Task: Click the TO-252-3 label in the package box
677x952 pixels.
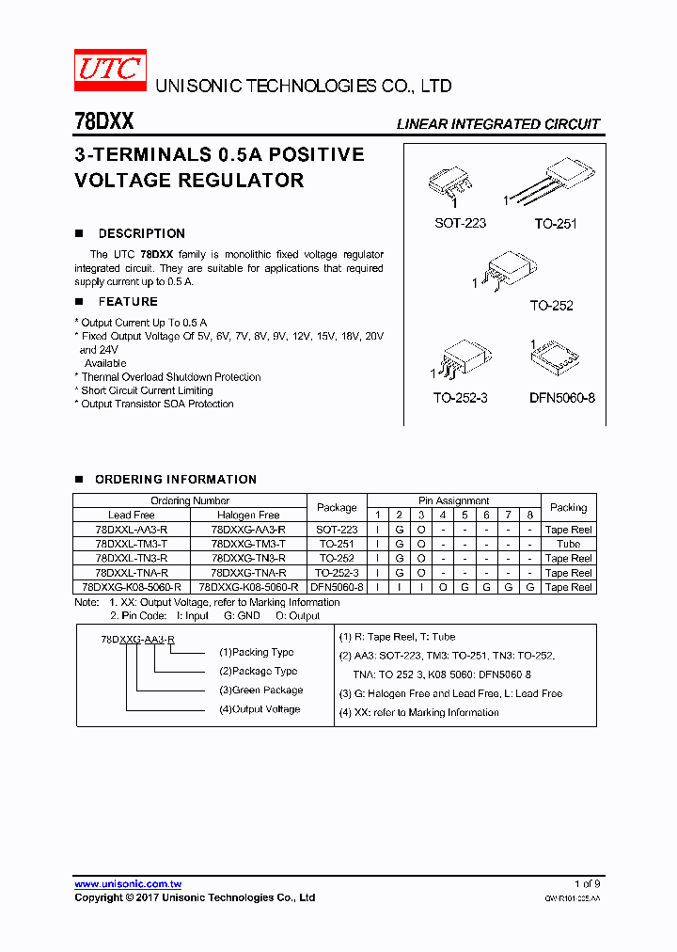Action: pyautogui.click(x=460, y=398)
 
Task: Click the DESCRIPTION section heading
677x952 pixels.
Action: pyautogui.click(x=141, y=233)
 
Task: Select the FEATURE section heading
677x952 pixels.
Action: pyautogui.click(x=128, y=302)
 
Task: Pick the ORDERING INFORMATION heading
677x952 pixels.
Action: pyautogui.click(x=175, y=480)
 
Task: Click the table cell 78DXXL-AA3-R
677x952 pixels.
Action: pyautogui.click(x=132, y=530)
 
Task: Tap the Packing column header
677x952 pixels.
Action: pyautogui.click(x=568, y=507)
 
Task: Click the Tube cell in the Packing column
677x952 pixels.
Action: pyautogui.click(x=568, y=544)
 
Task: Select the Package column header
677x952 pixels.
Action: pyautogui.click(x=337, y=507)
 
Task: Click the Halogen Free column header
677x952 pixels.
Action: pyautogui.click(x=248, y=515)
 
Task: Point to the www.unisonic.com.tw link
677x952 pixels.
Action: pyautogui.click(x=128, y=884)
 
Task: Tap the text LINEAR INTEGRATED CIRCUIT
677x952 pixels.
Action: pyautogui.click(x=497, y=124)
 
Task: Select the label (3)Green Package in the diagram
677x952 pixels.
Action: pyautogui.click(x=260, y=690)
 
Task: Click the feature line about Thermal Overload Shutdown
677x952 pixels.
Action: pyautogui.click(x=170, y=376)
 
